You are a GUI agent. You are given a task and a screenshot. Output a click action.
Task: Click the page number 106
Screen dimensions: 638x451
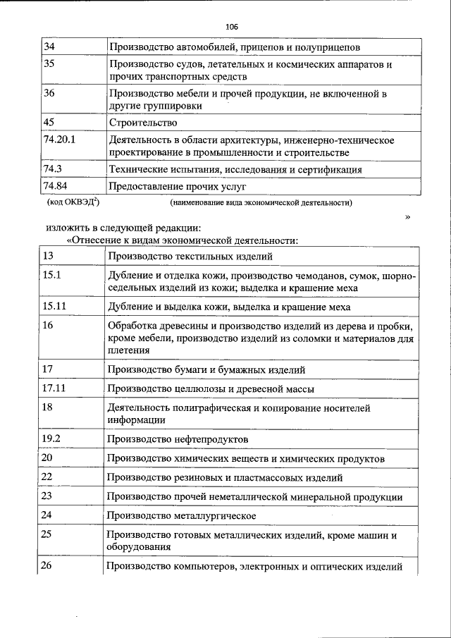click(232, 27)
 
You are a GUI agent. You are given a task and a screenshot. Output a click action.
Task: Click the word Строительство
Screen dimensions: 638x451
click(143, 123)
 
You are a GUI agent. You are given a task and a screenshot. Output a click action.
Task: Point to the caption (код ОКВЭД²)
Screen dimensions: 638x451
click(73, 202)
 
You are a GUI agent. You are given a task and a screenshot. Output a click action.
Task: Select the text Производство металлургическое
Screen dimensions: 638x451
click(181, 516)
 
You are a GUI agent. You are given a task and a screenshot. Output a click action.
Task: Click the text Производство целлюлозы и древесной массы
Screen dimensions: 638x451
click(211, 388)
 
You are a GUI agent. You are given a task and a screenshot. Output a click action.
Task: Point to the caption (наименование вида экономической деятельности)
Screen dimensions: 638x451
click(261, 202)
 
